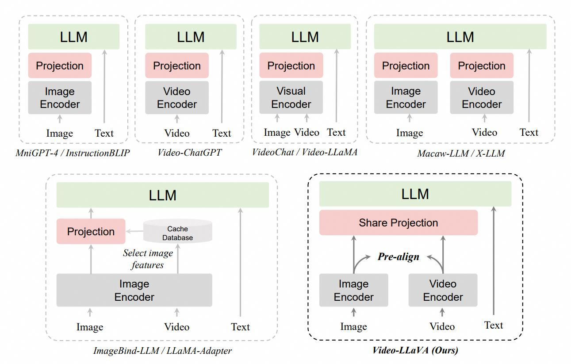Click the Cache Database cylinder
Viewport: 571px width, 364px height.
coord(177,233)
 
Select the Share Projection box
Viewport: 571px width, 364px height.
coord(398,222)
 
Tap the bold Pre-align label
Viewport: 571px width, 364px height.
coord(398,257)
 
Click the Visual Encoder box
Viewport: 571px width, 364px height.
coord(291,97)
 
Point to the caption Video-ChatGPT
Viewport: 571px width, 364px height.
coord(189,153)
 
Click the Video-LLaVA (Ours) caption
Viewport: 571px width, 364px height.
coord(415,350)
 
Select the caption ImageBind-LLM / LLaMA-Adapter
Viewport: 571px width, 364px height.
coord(162,351)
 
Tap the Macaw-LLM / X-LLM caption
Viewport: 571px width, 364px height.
coord(460,153)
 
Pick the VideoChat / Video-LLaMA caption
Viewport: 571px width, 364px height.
coord(304,153)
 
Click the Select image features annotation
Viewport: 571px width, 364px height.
coord(148,259)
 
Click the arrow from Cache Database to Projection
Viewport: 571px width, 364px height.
coord(135,231)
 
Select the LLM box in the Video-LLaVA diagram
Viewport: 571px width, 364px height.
coord(415,194)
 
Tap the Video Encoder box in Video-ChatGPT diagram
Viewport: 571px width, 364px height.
coord(177,98)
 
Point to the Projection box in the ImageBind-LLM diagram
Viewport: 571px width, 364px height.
coord(91,231)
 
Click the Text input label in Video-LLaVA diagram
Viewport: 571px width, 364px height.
coord(493,325)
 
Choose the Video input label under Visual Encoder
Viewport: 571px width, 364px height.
coord(307,132)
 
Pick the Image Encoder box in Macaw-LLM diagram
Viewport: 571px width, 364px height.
coord(406,98)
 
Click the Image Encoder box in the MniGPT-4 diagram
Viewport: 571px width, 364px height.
coord(60,98)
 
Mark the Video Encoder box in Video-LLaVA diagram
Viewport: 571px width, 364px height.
coord(443,290)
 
